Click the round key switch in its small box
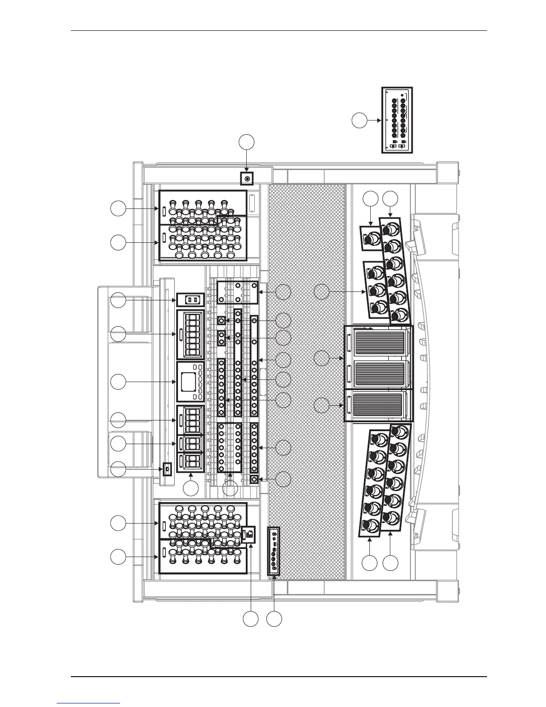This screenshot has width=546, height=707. point(247,179)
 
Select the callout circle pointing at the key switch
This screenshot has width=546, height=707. point(247,142)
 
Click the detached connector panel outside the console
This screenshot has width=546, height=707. point(397,120)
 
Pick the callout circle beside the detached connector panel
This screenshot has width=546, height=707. point(359,120)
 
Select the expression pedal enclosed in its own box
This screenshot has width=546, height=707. point(379,405)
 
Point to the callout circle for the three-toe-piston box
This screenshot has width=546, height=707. point(322,292)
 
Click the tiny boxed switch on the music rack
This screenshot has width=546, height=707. point(167,469)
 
